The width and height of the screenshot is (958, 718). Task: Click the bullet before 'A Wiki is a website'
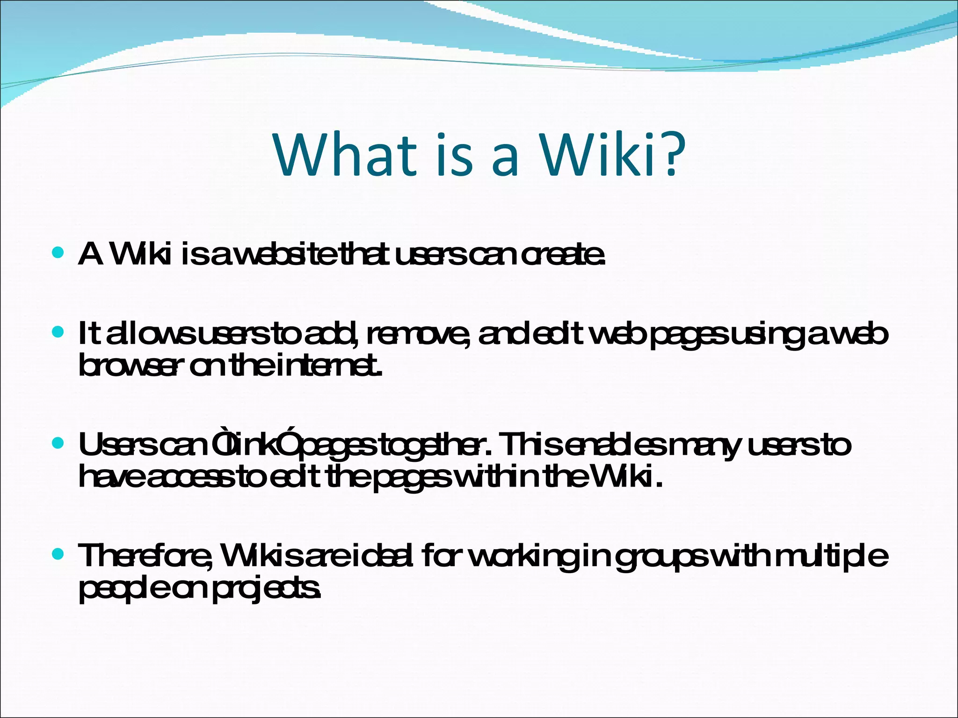point(58,254)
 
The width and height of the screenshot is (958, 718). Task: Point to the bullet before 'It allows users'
point(58,333)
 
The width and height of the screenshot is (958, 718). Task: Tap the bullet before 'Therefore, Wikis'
point(58,554)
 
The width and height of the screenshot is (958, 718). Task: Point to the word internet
point(329,366)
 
